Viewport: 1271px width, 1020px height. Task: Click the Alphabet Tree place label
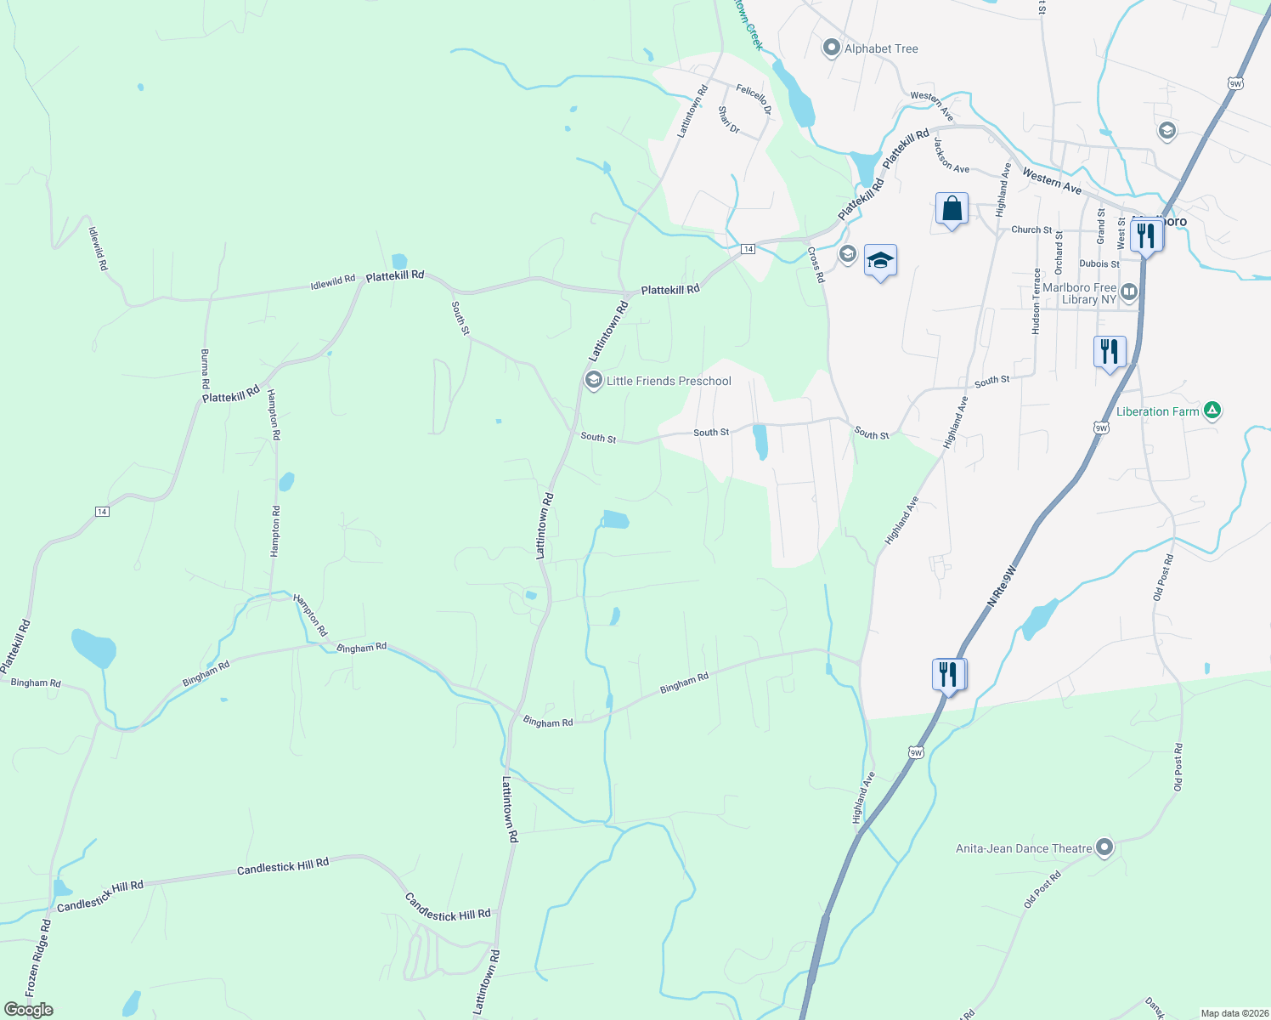(x=881, y=48)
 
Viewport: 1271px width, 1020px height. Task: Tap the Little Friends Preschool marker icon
(x=594, y=380)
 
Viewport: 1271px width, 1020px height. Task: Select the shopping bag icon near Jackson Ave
(x=952, y=208)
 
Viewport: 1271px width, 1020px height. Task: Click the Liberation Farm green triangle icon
(x=1212, y=411)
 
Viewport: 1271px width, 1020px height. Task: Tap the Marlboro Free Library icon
(x=1129, y=292)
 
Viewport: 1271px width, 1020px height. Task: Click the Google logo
(x=29, y=1009)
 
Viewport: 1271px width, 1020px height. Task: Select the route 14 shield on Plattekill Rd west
(x=102, y=511)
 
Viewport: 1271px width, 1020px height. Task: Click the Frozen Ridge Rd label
(x=38, y=959)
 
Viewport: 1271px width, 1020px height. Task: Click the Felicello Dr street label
(x=754, y=99)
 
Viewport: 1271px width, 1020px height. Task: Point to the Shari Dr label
(x=729, y=120)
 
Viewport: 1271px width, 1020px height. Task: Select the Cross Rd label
(x=816, y=265)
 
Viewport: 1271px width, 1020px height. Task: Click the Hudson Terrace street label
(x=1036, y=301)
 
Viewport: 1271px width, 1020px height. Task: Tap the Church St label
(x=1031, y=229)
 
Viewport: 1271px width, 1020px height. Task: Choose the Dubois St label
(x=1099, y=263)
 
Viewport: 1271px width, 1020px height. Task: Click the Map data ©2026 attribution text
(x=1234, y=1013)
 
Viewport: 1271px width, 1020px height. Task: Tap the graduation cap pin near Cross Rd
(x=880, y=261)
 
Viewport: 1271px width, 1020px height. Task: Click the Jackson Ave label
(x=952, y=156)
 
